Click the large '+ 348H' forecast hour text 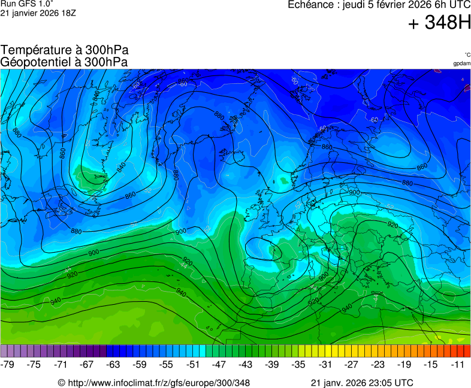click(x=439, y=23)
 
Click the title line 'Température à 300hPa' click(x=64, y=50)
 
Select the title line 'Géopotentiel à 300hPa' click(x=64, y=62)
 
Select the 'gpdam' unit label click(x=461, y=63)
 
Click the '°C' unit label click(x=467, y=55)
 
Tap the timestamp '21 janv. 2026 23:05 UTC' click(x=361, y=383)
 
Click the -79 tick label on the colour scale click(x=8, y=364)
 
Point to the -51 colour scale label click(x=192, y=364)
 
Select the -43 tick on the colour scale click(x=245, y=364)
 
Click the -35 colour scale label click(x=298, y=364)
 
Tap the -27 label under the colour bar click(x=351, y=364)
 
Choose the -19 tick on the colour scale click(x=404, y=364)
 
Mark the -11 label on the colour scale click(x=458, y=364)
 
